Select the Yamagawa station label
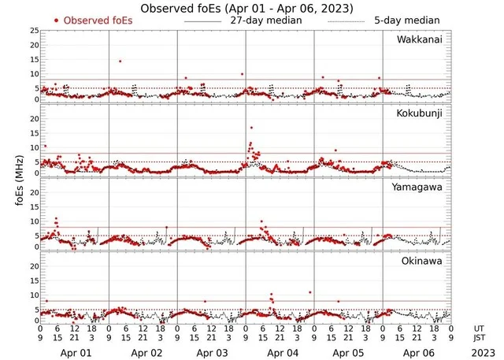tap(421, 187)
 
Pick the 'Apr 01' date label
tap(75, 354)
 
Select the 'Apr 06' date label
tap(417, 354)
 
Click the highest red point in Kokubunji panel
tap(251, 128)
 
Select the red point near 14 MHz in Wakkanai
tap(120, 61)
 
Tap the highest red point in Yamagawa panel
tap(56, 218)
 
